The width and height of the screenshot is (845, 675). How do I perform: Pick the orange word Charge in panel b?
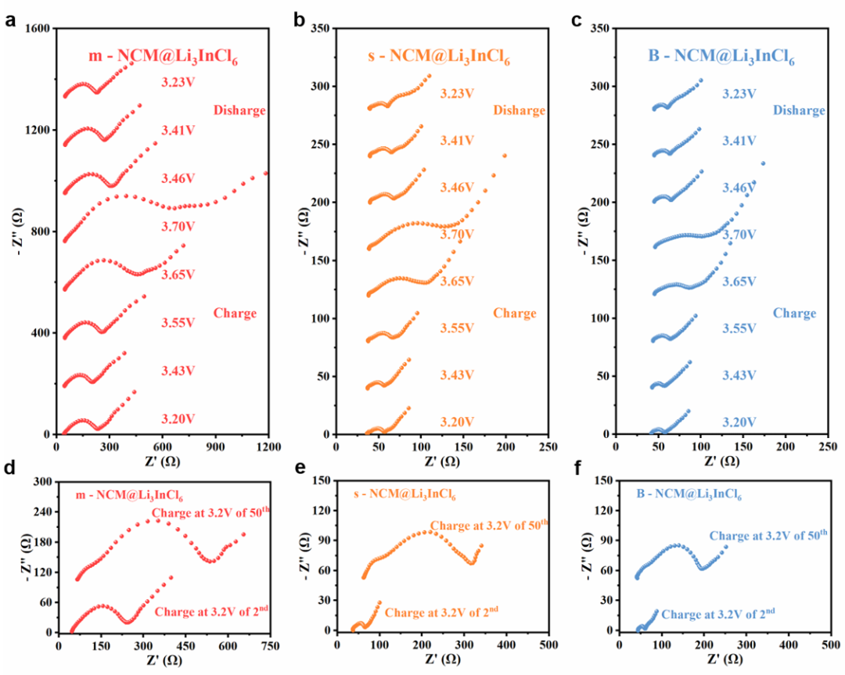point(514,314)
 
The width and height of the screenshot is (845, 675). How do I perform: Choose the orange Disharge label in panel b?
point(519,110)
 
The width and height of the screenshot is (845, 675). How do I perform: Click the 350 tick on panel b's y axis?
point(320,28)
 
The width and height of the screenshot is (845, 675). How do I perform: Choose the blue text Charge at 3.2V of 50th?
point(768,536)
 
